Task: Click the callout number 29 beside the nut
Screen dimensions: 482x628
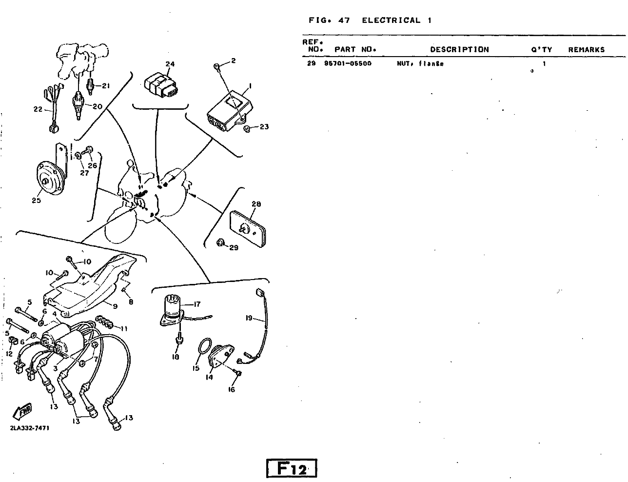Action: [x=234, y=248]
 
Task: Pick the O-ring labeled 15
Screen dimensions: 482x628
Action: [x=204, y=349]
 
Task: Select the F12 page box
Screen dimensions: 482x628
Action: [x=292, y=468]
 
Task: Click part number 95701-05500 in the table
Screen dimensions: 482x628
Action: [x=347, y=63]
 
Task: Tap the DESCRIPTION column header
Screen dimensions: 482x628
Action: [x=459, y=49]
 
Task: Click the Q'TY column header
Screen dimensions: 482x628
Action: [x=541, y=49]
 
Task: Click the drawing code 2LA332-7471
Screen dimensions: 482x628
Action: [x=29, y=428]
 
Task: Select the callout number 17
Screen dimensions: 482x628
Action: [x=196, y=304]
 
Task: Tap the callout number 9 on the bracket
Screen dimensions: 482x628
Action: [x=115, y=306]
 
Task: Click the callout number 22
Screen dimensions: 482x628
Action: [x=38, y=109]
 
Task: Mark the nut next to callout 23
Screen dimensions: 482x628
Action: [x=247, y=128]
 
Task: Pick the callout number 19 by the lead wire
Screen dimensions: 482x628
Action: [x=249, y=318]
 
